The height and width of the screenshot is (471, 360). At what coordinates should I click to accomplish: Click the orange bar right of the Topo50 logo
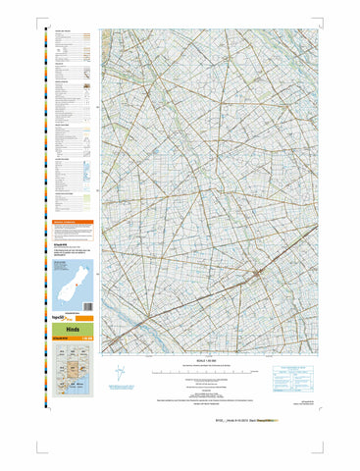point(83,320)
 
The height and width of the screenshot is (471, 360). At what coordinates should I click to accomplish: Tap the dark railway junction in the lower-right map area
point(257,272)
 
